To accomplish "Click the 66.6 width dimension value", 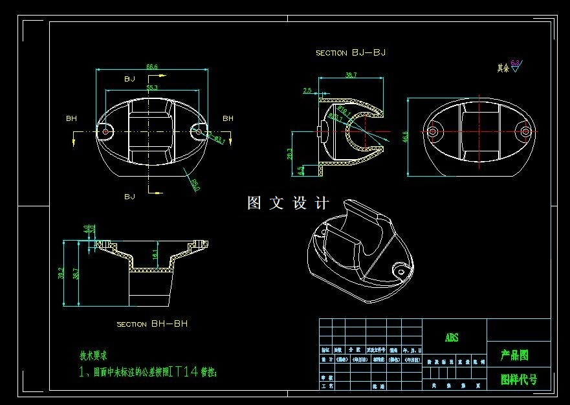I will pyautogui.click(x=152, y=67).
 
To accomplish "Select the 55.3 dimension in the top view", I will pyautogui.click(x=152, y=87).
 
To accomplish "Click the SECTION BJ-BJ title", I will pyautogui.click(x=351, y=53).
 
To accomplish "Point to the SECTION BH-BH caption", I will pyautogui.click(x=152, y=323).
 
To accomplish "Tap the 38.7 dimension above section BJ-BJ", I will pyautogui.click(x=350, y=76).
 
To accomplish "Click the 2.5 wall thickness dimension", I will pyautogui.click(x=307, y=91).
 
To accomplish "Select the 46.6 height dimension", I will pyautogui.click(x=406, y=137).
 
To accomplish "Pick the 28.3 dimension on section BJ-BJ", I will pyautogui.click(x=289, y=153).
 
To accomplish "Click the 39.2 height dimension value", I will pyautogui.click(x=61, y=273).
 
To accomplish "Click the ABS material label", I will pyautogui.click(x=451, y=338).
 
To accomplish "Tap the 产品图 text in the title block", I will pyautogui.click(x=514, y=355).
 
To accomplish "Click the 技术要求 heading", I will pyautogui.click(x=93, y=355).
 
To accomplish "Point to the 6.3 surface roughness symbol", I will pyautogui.click(x=516, y=64).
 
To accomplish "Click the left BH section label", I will pyautogui.click(x=71, y=118).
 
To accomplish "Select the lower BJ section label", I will pyautogui.click(x=129, y=195).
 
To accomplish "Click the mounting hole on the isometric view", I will pyautogui.click(x=401, y=272).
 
